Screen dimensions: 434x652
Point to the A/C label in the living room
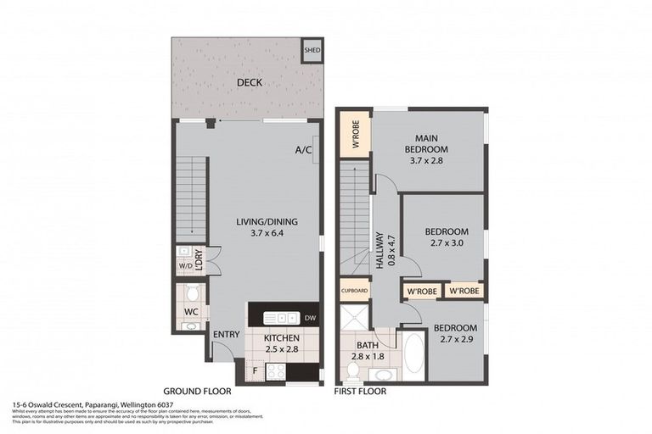(302, 150)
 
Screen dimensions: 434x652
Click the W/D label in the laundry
(184, 268)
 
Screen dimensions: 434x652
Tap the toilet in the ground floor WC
(193, 293)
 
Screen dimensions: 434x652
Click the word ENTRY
(227, 334)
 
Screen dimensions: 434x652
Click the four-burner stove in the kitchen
(277, 370)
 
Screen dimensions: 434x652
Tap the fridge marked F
(254, 370)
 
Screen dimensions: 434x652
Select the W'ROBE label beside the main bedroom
(354, 137)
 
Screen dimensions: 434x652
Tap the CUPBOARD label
(354, 291)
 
